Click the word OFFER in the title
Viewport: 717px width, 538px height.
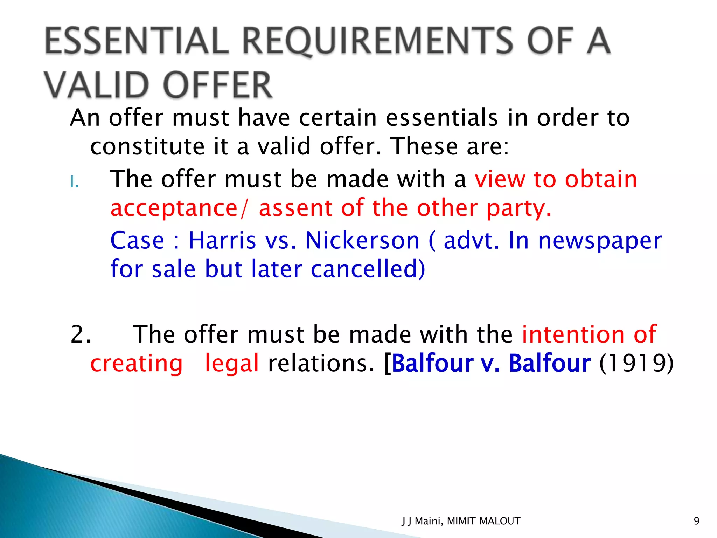point(218,85)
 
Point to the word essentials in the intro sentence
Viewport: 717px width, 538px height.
point(442,118)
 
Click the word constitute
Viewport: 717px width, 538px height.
point(147,146)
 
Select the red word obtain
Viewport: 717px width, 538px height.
point(601,179)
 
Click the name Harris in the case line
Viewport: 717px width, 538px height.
point(222,241)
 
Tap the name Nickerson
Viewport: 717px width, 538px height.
point(362,241)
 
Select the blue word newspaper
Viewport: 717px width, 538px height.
point(600,241)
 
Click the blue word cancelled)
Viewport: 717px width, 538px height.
point(368,269)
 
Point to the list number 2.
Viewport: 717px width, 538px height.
point(81,334)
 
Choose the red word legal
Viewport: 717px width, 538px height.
point(232,363)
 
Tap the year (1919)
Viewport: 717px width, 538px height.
point(636,363)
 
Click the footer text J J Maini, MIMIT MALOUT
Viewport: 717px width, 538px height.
point(461,521)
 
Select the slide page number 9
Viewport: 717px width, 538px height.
point(696,521)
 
